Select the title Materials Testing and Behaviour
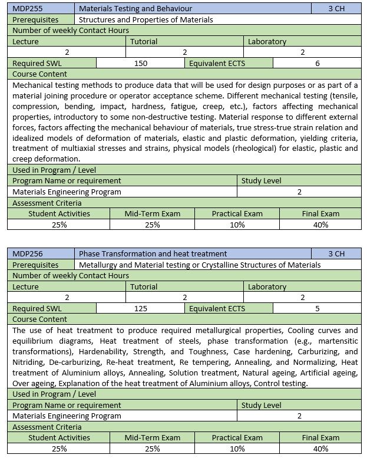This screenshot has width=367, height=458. tap(135, 9)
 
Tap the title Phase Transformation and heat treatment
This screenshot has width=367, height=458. tap(153, 253)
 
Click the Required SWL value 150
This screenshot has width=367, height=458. tap(141, 63)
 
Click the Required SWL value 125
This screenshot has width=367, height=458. tap(141, 308)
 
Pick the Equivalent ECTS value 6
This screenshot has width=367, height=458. tap(318, 63)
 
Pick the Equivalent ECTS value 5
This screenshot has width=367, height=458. tap(318, 308)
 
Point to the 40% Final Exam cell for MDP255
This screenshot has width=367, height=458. tap(320, 225)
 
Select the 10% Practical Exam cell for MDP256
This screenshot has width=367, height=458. tap(237, 449)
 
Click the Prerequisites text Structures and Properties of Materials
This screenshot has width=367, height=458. tap(146, 19)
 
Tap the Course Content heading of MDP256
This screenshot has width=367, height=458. tap(39, 319)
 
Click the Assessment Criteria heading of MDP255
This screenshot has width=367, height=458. tap(47, 203)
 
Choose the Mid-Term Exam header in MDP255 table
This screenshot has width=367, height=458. tap(152, 213)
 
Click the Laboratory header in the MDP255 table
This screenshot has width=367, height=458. tap(267, 42)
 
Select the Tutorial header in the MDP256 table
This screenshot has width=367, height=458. tap(144, 286)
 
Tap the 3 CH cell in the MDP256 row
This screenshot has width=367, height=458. tap(336, 253)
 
